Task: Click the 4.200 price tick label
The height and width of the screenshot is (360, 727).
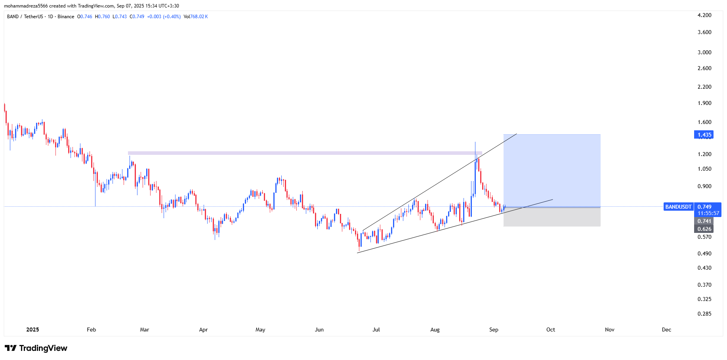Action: [704, 15]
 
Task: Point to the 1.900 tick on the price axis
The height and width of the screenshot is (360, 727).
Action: [704, 103]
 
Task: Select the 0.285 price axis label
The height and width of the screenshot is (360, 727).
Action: [704, 314]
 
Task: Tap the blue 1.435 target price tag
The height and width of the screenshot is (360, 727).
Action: [704, 135]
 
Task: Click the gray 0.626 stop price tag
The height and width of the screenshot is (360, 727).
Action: [704, 229]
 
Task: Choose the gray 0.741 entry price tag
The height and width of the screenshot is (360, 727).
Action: [704, 221]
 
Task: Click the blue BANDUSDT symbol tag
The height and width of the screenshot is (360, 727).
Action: [678, 207]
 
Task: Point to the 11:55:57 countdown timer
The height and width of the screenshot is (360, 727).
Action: [708, 213]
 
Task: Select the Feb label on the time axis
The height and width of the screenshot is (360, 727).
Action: [92, 330]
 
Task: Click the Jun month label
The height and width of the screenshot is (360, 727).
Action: [319, 330]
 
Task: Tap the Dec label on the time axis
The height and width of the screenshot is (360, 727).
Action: [666, 330]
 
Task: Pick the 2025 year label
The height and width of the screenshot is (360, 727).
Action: [32, 330]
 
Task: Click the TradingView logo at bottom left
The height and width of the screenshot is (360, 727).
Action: [36, 348]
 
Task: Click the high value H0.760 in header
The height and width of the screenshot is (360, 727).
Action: [102, 17]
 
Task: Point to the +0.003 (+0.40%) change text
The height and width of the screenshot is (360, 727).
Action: [164, 17]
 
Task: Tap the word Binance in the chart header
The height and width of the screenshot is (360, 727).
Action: [66, 17]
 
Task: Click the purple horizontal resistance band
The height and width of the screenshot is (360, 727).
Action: [305, 153]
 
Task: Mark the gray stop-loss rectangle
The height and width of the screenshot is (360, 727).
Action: [551, 217]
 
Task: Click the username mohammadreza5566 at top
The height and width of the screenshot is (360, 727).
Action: [26, 6]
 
